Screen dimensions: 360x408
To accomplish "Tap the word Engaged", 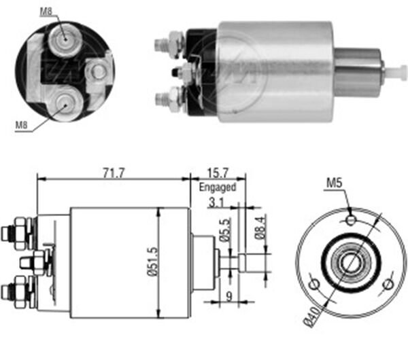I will point(217,187).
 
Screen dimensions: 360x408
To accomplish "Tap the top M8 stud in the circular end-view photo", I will point(64,40).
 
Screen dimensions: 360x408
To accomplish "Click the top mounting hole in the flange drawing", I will point(350,220).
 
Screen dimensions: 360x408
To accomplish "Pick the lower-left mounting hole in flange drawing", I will point(316,283).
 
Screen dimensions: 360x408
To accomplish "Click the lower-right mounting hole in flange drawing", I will point(388,283).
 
